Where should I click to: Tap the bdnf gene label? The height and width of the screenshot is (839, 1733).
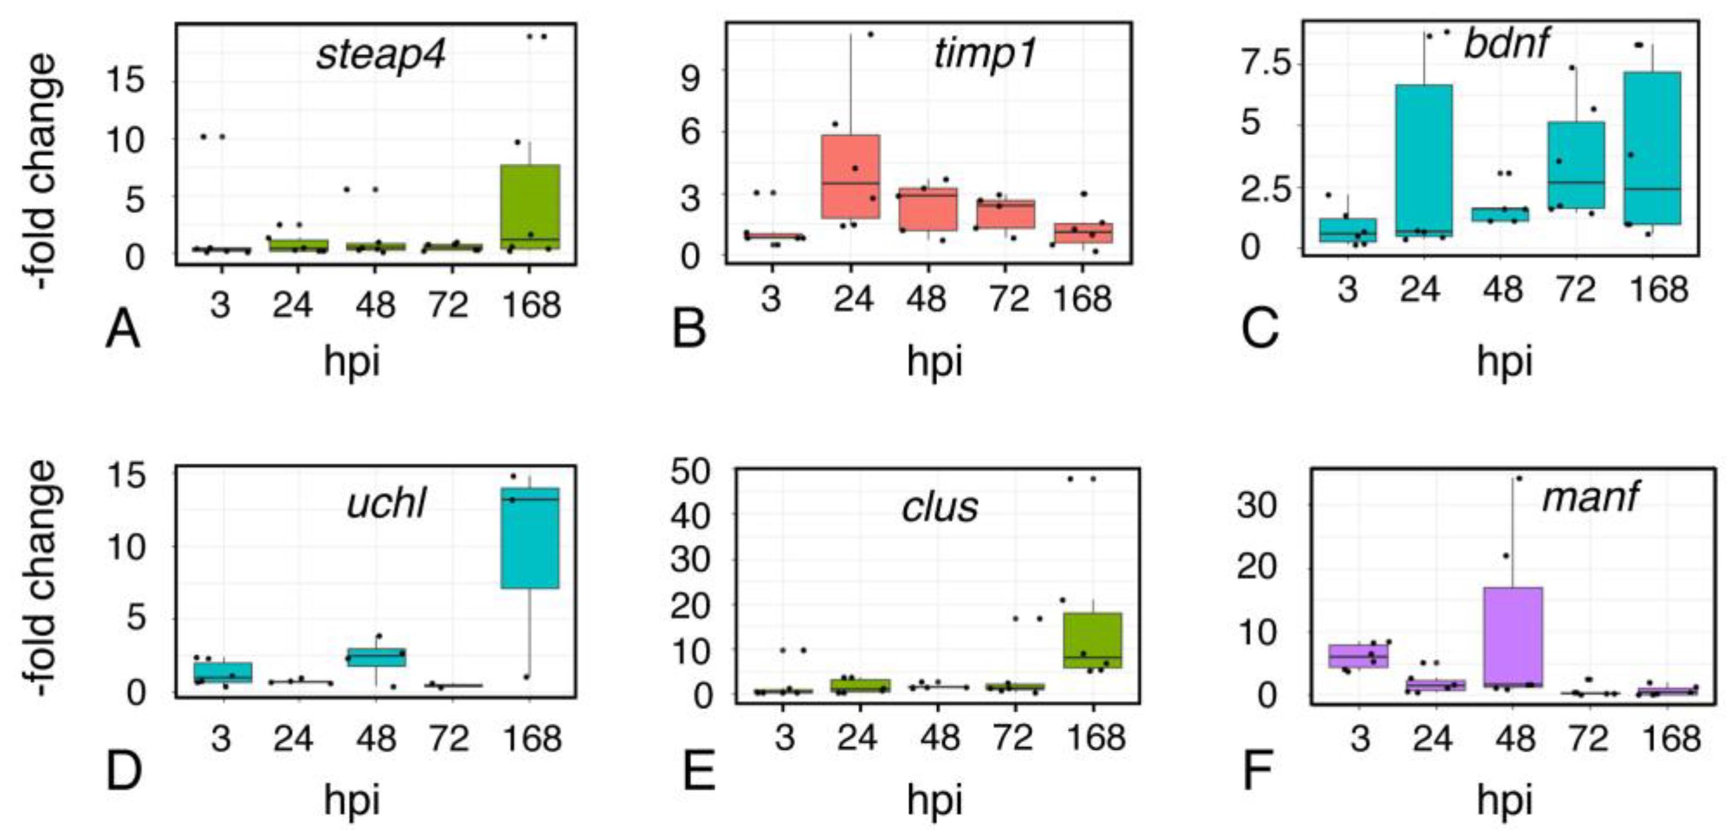tap(1506, 44)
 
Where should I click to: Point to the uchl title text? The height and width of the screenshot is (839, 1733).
tap(386, 503)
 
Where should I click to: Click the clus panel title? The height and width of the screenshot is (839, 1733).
tap(940, 507)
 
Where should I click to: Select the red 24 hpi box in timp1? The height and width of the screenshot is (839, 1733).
tap(851, 176)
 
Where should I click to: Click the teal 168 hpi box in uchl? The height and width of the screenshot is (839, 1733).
tap(530, 538)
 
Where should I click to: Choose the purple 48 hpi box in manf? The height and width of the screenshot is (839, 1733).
tap(1513, 636)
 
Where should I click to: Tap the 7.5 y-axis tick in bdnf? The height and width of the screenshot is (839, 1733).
tap(1267, 64)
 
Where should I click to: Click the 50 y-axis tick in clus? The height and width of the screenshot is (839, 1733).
tap(691, 473)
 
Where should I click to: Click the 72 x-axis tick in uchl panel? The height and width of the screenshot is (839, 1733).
tap(449, 739)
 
